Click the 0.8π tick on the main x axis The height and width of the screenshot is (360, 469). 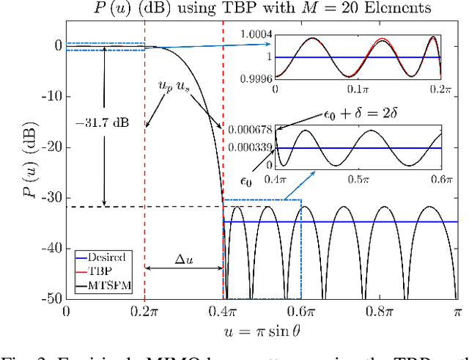pos(379,312)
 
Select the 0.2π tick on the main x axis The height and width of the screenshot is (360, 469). pos(144,312)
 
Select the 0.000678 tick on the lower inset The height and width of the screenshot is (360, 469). pos(249,130)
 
